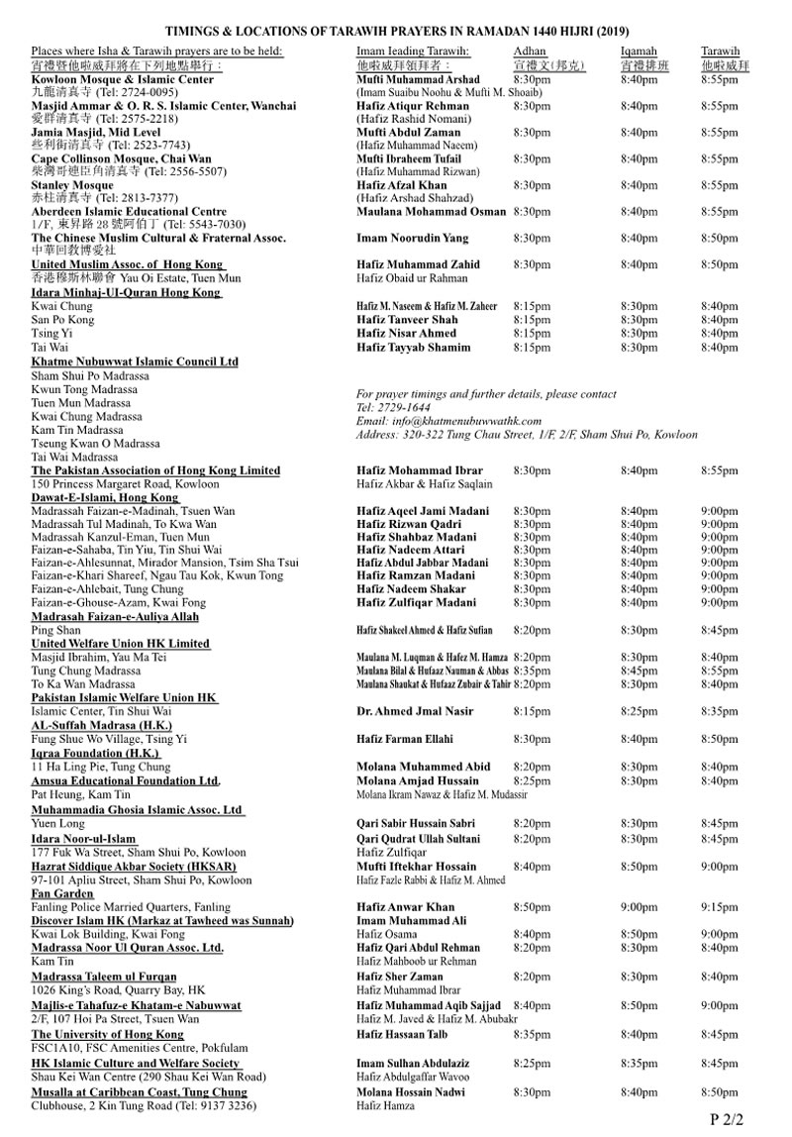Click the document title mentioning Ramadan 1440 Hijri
[x=396, y=30]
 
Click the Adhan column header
[x=530, y=51]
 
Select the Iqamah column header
[x=639, y=51]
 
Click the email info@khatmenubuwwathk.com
[x=446, y=421]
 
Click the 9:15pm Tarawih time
[x=719, y=906]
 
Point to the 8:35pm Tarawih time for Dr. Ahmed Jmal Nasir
[x=719, y=710]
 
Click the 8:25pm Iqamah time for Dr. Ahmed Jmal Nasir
[x=639, y=710]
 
